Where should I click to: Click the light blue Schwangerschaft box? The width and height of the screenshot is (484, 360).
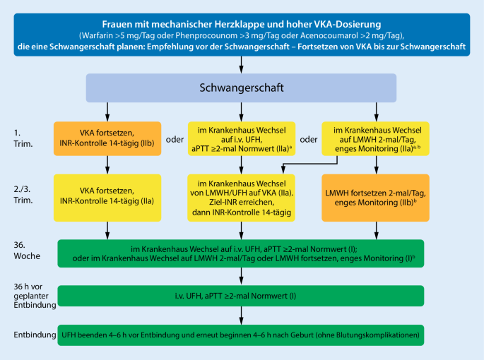click(242, 88)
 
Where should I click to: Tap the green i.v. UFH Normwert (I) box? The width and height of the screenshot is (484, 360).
click(241, 296)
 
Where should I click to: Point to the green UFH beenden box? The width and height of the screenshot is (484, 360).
click(241, 335)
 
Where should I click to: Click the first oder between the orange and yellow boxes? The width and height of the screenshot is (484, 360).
click(175, 138)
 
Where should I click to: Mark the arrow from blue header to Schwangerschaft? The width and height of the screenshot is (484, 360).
click(242, 66)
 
